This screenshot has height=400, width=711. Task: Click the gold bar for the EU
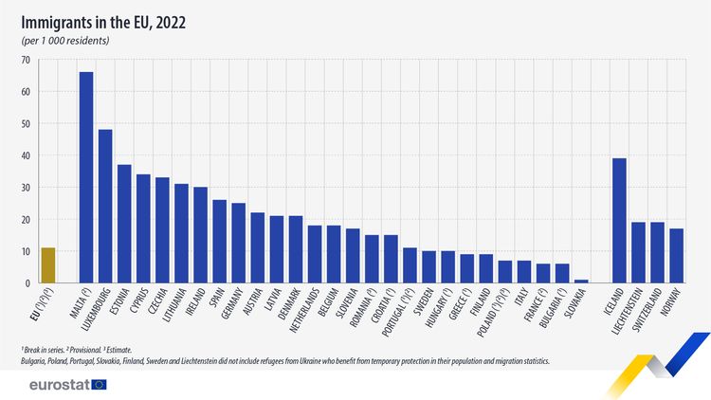[47, 265]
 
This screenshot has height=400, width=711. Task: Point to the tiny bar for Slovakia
[581, 282]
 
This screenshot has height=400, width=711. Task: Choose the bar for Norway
[676, 256]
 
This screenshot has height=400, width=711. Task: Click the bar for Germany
[238, 243]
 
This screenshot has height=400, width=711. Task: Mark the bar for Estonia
[124, 224]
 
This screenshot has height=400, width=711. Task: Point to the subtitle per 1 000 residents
[65, 42]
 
